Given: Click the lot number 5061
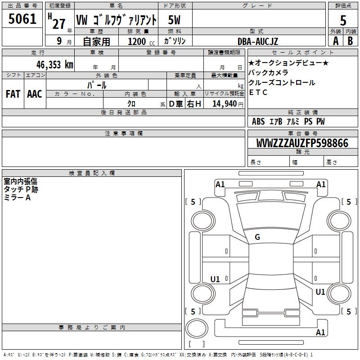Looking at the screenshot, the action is click(22, 19).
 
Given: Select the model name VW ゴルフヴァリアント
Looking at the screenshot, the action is click(116, 20).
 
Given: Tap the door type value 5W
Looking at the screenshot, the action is click(175, 20).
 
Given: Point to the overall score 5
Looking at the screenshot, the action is click(343, 20).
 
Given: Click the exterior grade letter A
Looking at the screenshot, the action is click(335, 41).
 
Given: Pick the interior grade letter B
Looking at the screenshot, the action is click(350, 41).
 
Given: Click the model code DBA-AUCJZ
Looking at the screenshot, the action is click(258, 41).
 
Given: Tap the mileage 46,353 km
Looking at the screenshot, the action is click(49, 64).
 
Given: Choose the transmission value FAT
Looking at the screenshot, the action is click(13, 94).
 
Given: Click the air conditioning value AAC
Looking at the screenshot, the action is click(34, 94).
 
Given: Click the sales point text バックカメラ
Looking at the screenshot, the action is click(268, 73).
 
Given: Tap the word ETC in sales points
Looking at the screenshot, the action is click(258, 93).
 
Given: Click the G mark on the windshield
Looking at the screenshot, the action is click(257, 237).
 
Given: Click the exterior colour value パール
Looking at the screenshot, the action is click(97, 85).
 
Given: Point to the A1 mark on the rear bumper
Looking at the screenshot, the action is click(320, 333).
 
